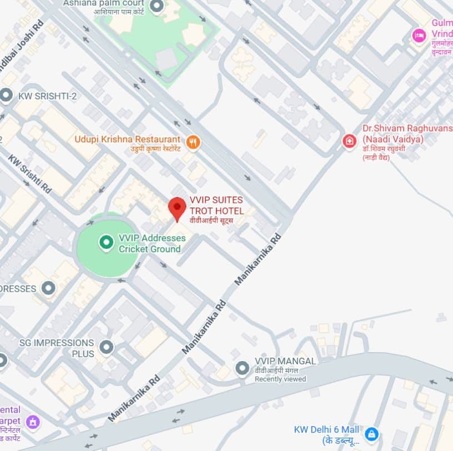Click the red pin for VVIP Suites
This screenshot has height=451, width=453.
click(177, 208)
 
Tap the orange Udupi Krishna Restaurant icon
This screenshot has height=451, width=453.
click(193, 142)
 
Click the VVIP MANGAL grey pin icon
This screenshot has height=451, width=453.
click(242, 368)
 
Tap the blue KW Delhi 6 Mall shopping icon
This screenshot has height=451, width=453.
click(371, 433)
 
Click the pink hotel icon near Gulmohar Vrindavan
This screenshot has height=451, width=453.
click(419, 36)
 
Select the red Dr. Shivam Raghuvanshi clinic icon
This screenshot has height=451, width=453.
click(349, 141)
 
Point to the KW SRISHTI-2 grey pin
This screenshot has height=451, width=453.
click(7, 96)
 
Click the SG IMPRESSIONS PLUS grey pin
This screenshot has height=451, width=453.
click(106, 348)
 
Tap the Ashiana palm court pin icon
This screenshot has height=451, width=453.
click(157, 6)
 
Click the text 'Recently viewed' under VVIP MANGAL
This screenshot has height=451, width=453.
click(280, 379)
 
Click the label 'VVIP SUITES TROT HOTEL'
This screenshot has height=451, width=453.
click(216, 206)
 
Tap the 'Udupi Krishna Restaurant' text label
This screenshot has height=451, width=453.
click(127, 139)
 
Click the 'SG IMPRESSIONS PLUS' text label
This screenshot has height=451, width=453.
click(56, 348)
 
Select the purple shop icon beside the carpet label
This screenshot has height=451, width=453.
click(34, 422)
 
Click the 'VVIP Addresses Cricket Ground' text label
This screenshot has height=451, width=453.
click(150, 243)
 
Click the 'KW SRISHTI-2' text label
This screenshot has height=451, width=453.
click(48, 96)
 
